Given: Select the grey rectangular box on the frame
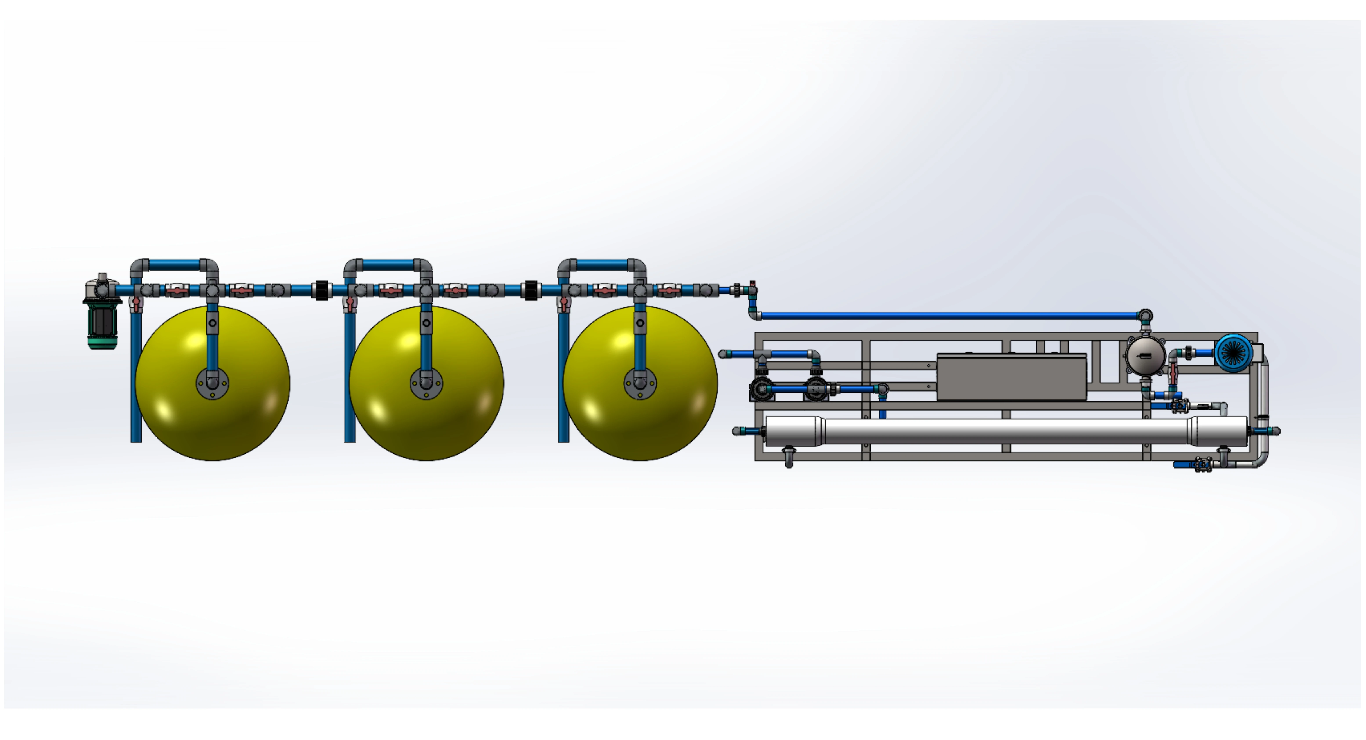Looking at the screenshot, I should [1011, 377].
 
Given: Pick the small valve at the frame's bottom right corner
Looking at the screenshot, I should [1203, 465].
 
